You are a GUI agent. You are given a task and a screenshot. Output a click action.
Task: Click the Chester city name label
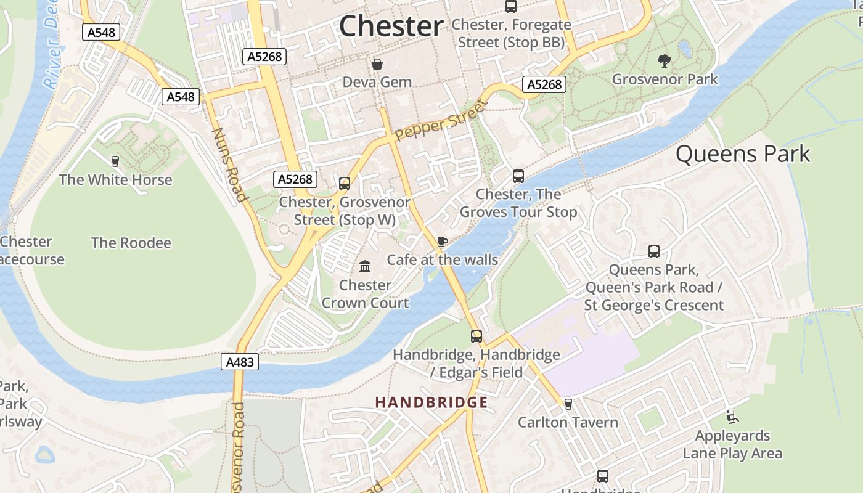391,26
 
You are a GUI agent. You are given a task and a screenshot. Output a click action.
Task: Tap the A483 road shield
240,362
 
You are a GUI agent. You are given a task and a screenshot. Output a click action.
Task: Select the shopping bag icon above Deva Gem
377,64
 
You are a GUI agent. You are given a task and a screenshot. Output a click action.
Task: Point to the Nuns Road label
229,165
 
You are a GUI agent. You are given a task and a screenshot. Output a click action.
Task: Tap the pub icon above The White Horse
115,161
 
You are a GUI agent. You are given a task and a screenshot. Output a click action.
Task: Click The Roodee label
131,243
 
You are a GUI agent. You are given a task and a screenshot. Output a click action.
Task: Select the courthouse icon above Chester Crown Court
365,267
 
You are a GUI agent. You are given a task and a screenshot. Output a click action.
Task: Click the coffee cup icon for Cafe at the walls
442,242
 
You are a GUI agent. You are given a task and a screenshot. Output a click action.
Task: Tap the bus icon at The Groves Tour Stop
518,176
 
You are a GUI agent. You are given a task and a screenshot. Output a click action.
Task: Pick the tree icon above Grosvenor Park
665,60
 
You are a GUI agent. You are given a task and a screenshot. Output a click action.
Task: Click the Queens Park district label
743,154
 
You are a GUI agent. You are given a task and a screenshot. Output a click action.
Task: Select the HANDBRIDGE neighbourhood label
431,403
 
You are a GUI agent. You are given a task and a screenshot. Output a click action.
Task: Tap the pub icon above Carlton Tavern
568,404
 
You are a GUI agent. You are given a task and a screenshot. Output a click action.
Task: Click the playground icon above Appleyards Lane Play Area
732,417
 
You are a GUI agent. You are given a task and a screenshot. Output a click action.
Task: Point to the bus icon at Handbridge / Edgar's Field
476,336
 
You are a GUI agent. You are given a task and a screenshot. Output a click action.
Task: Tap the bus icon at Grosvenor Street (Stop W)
345,183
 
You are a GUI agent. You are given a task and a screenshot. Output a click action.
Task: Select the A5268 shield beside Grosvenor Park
544,84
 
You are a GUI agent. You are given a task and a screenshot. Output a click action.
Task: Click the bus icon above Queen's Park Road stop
654,251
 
